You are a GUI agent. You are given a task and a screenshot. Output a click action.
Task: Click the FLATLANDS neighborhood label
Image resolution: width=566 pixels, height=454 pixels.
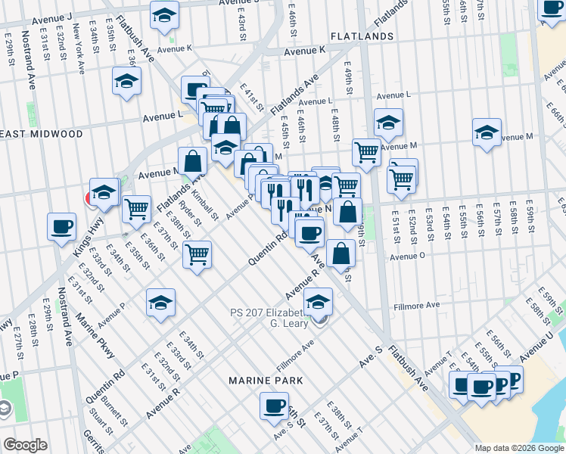coord(361,36)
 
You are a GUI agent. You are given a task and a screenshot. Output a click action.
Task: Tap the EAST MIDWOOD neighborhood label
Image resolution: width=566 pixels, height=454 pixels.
coord(42,134)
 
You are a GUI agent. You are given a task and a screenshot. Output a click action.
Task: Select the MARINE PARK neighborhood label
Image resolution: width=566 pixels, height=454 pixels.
coord(267,380)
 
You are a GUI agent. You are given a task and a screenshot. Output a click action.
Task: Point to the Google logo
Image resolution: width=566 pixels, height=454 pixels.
coord(24,445)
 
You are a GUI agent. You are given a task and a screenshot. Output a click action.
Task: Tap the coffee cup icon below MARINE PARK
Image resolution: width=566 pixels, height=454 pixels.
coord(274,406)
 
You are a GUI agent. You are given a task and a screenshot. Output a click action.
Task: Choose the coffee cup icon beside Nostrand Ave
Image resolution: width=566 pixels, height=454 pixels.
coord(61,226)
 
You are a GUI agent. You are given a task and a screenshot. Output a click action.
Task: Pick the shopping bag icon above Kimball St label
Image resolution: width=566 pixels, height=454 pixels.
coord(193,160)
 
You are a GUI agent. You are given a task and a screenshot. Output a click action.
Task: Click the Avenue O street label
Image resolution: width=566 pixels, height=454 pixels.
coord(408,257)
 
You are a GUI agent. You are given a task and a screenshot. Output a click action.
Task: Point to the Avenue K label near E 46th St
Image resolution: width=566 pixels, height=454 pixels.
coord(304,51)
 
